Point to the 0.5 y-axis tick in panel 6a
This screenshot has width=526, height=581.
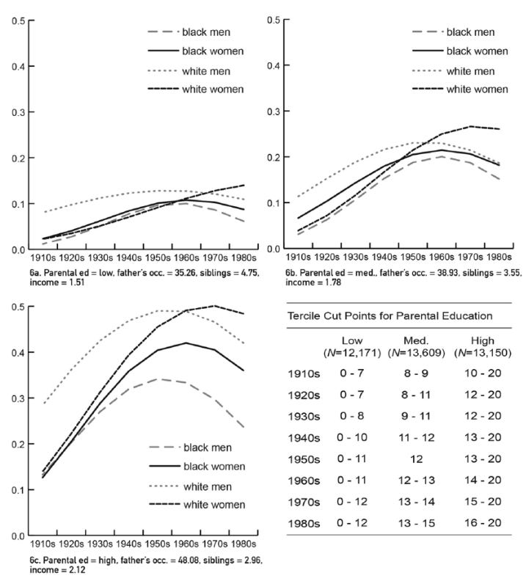coord(10,19)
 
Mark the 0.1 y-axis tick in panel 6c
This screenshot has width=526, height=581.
coord(10,490)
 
